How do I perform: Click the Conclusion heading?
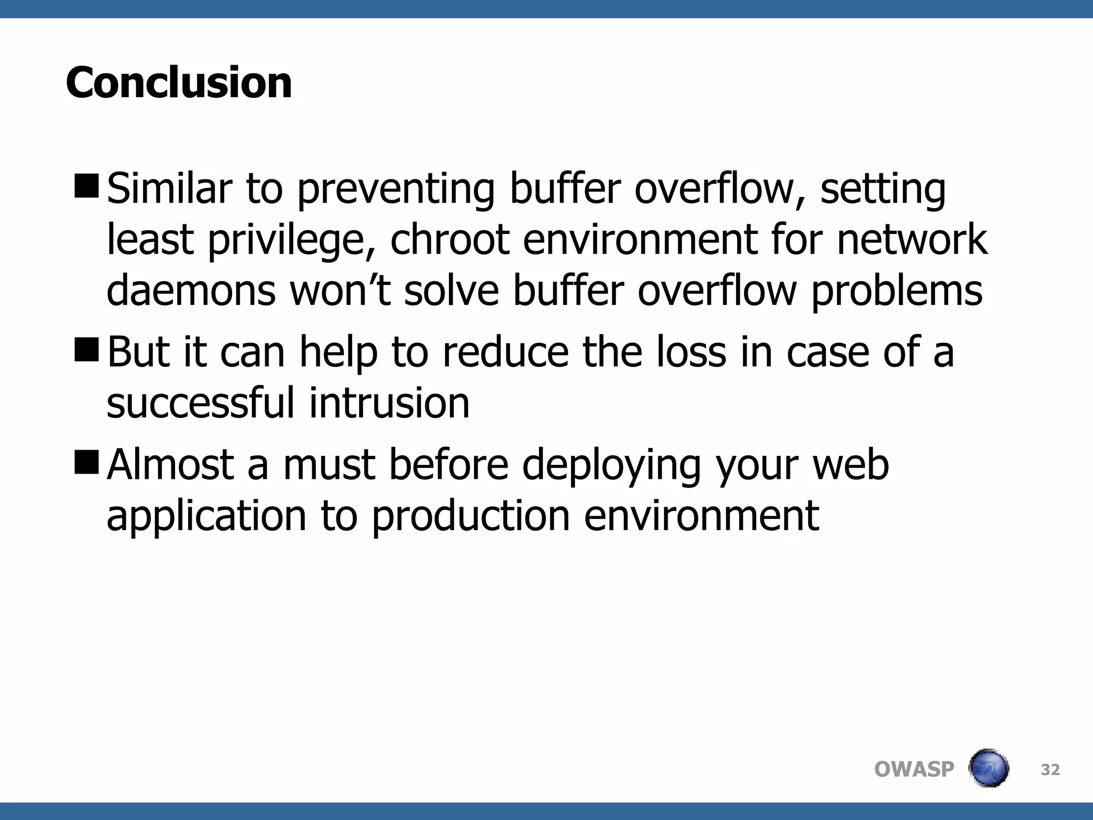click(179, 83)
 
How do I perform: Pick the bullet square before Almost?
click(87, 461)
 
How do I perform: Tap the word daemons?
click(191, 291)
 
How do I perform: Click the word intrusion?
click(389, 403)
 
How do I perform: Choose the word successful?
click(201, 403)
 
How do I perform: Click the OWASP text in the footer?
click(914, 769)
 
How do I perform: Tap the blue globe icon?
click(988, 768)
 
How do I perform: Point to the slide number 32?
click(1050, 769)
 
